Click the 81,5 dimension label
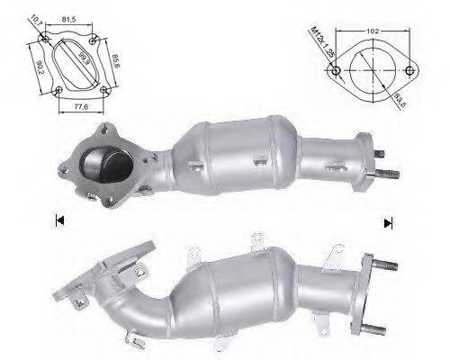point(69,18)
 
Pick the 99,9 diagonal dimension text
point(82,62)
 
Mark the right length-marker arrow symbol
point(388,222)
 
